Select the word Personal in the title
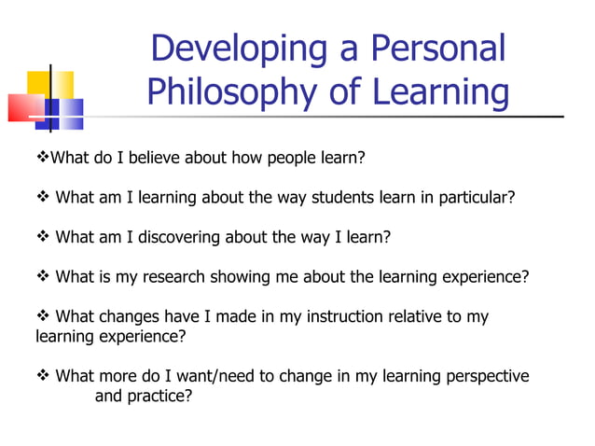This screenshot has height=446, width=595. (x=437, y=49)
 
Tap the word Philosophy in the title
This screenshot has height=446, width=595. (x=234, y=92)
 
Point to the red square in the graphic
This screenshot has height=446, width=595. (x=25, y=108)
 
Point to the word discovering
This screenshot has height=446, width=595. (x=181, y=237)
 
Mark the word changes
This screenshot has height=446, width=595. (x=139, y=317)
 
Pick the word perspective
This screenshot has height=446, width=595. (x=484, y=377)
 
